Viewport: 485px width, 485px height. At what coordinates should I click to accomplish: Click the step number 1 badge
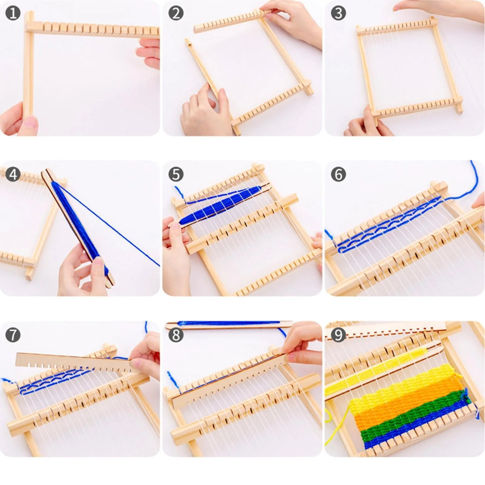click(x=13, y=13)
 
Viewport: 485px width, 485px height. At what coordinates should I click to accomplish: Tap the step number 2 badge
click(x=176, y=13)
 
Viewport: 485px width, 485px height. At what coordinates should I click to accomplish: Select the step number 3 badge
click(x=338, y=13)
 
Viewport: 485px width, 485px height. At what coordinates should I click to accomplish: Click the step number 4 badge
click(x=13, y=174)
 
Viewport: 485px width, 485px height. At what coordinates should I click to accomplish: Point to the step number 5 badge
click(x=176, y=174)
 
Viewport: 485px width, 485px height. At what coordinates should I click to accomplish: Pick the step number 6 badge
click(x=338, y=174)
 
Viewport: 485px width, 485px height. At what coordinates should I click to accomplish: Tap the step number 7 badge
click(x=13, y=335)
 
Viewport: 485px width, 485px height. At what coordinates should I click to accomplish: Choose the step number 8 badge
click(x=176, y=335)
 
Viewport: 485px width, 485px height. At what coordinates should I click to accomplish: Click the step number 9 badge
click(x=338, y=335)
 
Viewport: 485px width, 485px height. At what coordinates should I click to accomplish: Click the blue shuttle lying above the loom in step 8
click(x=227, y=324)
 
